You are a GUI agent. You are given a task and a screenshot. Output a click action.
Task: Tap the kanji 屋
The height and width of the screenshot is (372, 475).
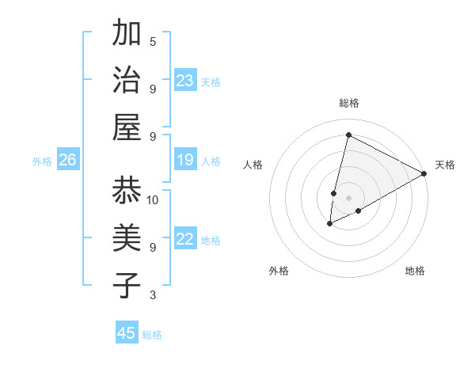pyautogui.click(x=127, y=127)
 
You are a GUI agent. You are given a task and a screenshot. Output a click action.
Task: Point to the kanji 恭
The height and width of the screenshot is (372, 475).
pyautogui.click(x=127, y=191)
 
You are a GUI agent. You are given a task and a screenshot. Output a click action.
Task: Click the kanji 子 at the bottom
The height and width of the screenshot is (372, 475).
pyautogui.click(x=127, y=286)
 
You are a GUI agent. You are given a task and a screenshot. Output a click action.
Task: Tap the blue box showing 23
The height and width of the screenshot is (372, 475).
pyautogui.click(x=185, y=81)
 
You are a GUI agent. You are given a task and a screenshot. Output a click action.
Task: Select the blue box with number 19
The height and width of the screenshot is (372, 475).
pyautogui.click(x=185, y=160)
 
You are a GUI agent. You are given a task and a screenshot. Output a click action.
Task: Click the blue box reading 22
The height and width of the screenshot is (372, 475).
pyautogui.click(x=185, y=239)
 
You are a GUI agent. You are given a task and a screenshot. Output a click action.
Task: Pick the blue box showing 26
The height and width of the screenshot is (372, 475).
pyautogui.click(x=67, y=161)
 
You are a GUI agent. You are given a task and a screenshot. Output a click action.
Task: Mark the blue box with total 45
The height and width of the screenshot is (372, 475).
pyautogui.click(x=127, y=333)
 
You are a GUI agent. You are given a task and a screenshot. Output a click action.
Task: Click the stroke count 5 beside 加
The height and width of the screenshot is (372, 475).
pyautogui.click(x=153, y=41)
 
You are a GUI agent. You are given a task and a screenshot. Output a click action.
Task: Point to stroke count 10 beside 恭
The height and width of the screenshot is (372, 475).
pyautogui.click(x=153, y=200)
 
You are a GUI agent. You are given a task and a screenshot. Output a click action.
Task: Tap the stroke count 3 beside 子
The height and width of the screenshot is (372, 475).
pyautogui.click(x=153, y=295)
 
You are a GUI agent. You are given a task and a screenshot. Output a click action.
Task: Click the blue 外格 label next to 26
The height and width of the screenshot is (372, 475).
pyautogui.click(x=42, y=161)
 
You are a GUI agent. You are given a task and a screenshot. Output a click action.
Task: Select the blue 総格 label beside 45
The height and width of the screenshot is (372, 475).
pyautogui.click(x=152, y=334)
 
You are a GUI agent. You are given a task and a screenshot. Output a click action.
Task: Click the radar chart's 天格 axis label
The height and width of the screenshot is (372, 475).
pyautogui.click(x=445, y=165)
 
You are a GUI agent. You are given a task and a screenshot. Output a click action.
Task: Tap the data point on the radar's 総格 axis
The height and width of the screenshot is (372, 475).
pyautogui.click(x=348, y=135)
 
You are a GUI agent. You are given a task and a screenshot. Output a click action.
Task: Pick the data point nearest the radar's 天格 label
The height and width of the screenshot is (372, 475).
pyautogui.click(x=424, y=173)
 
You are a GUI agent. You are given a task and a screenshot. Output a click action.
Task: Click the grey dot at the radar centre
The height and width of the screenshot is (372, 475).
pyautogui.click(x=348, y=196)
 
